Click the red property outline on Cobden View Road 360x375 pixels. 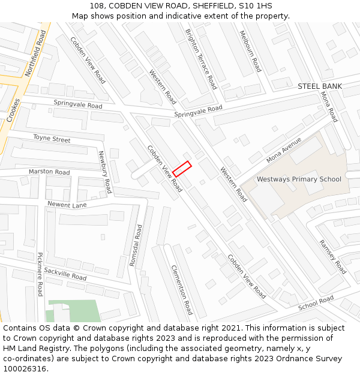(182, 169)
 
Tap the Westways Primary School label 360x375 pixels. (299, 179)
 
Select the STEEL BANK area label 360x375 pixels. (320, 86)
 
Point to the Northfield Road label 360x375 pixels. (35, 55)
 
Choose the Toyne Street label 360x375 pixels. (52, 139)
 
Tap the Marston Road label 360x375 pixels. (49, 172)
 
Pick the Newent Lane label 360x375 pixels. (67, 205)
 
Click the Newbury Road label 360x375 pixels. (105, 172)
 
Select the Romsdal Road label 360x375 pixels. (136, 245)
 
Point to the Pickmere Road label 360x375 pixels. (40, 274)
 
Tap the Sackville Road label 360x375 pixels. (65, 274)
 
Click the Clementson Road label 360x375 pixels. (182, 290)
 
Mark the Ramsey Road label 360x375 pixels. (332, 257)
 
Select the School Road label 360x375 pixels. (316, 304)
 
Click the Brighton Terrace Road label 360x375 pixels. (201, 59)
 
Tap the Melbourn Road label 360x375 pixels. (250, 52)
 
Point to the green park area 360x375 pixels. (75, 311)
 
